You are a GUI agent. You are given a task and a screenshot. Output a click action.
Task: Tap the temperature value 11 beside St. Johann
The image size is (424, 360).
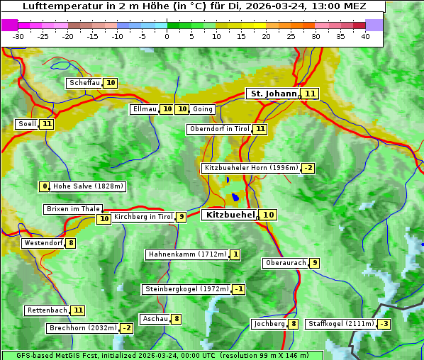click(x=311, y=94)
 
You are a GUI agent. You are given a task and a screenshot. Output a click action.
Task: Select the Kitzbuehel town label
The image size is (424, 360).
click(x=230, y=214)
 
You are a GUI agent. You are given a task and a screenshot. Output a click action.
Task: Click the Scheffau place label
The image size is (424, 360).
click(x=84, y=83)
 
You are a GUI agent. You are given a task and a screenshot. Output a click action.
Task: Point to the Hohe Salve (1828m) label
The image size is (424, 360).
click(x=88, y=186)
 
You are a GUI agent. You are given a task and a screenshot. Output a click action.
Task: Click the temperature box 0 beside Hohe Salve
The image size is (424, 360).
click(x=45, y=186)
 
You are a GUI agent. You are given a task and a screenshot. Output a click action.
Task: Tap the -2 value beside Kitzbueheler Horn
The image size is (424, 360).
click(x=308, y=168)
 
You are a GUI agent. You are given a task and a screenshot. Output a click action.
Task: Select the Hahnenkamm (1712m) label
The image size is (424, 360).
click(x=187, y=254)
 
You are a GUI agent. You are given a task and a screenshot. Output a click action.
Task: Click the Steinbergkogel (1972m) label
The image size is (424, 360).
click(x=186, y=289)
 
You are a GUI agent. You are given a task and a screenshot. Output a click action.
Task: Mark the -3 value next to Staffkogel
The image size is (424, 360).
click(x=384, y=324)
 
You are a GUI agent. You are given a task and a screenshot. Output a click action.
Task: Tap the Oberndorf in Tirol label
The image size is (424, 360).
click(x=219, y=129)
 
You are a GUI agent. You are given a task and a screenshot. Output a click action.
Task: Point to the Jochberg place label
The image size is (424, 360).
click(x=269, y=324)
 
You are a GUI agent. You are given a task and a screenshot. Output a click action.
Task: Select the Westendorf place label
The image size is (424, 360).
click(x=43, y=243)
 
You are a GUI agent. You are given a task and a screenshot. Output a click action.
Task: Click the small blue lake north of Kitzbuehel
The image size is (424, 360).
click(x=235, y=198)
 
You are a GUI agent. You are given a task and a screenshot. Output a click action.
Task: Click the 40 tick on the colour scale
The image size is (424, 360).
click(x=365, y=36)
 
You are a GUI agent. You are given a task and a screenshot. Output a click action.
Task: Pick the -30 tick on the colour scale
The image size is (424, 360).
click(x=18, y=36)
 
